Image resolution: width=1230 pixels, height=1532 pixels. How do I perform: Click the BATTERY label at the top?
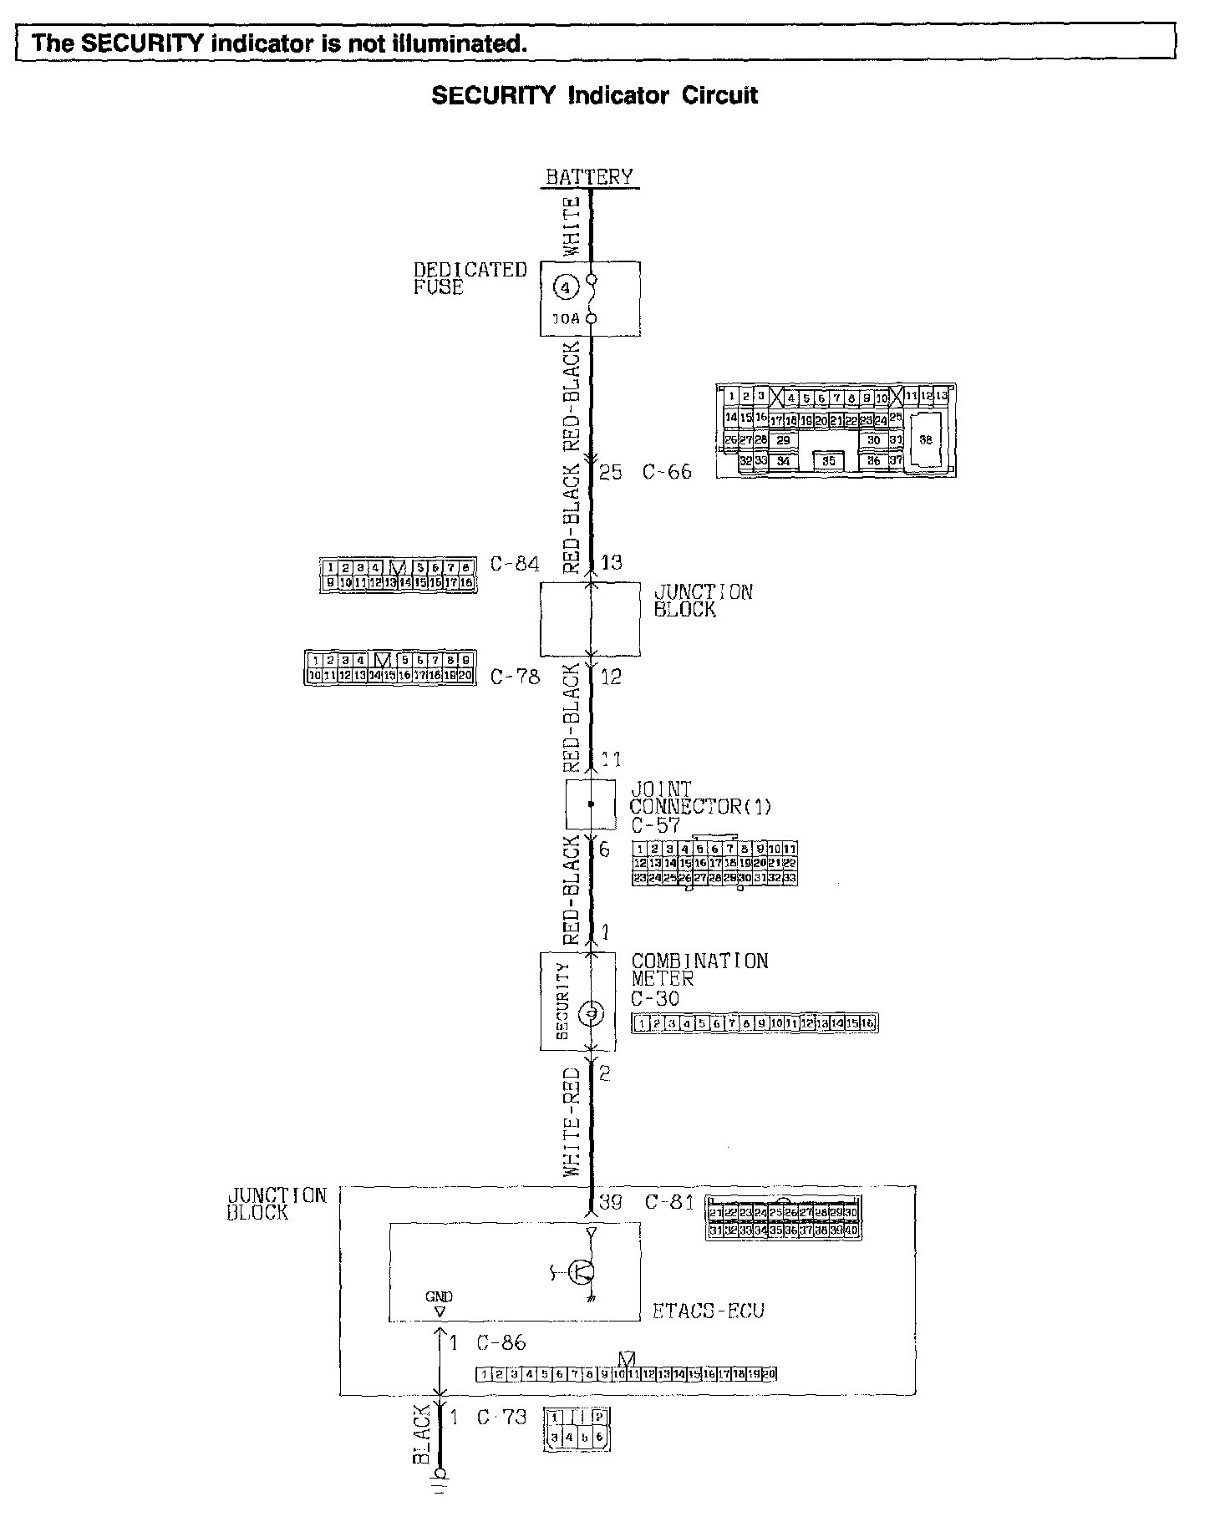tap(589, 177)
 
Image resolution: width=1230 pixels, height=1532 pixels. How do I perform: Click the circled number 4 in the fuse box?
tap(567, 289)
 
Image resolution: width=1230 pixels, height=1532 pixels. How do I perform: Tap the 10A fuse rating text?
tap(567, 318)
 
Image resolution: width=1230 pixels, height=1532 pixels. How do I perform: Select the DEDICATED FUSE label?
tap(470, 278)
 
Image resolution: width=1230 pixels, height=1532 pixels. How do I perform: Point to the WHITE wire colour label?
tap(572, 226)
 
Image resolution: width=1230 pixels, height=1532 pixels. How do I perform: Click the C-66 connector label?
tap(667, 472)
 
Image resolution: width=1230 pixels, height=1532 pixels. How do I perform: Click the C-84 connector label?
tap(515, 564)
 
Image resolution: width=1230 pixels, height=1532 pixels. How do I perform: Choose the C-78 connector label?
tap(515, 677)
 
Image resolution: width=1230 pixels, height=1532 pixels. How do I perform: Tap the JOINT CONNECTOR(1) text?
tap(700, 799)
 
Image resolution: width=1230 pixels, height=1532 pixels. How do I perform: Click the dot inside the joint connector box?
tap(591, 804)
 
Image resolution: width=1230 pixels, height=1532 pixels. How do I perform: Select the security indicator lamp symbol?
tap(591, 1014)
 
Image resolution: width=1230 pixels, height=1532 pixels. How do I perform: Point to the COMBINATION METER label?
tap(699, 970)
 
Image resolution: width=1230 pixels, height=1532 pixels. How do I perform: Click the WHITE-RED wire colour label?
tap(572, 1122)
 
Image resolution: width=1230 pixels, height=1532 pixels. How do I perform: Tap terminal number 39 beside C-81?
tap(611, 1203)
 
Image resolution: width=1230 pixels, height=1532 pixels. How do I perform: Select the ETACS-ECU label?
tap(708, 1311)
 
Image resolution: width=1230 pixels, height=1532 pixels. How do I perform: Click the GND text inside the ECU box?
tap(439, 1296)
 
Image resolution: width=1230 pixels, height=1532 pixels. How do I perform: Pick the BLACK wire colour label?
tap(422, 1433)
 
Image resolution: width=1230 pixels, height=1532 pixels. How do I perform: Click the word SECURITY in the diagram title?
tap(493, 95)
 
